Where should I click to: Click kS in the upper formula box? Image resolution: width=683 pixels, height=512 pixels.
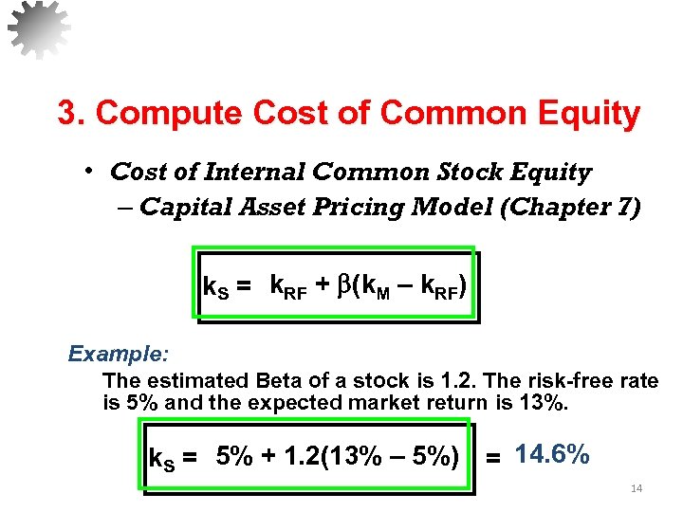pos(216,285)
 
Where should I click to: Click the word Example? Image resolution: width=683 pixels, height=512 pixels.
pos(119,354)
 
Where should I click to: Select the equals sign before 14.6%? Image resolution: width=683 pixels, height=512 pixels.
pos(493,459)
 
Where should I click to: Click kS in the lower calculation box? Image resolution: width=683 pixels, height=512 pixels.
pos(162,460)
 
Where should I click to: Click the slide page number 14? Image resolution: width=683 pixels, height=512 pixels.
pos(637,489)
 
